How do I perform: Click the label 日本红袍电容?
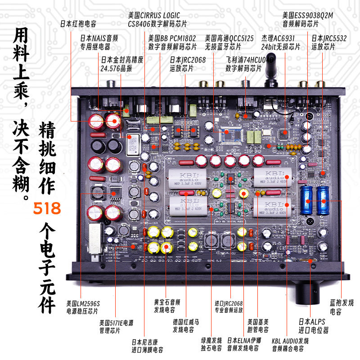point(78,24)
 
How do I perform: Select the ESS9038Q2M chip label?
point(308,19)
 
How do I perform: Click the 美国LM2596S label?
point(83,306)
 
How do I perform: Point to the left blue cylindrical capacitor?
point(309,200)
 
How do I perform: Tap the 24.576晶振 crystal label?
point(121,64)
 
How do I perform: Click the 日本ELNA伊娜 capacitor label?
point(243,344)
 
